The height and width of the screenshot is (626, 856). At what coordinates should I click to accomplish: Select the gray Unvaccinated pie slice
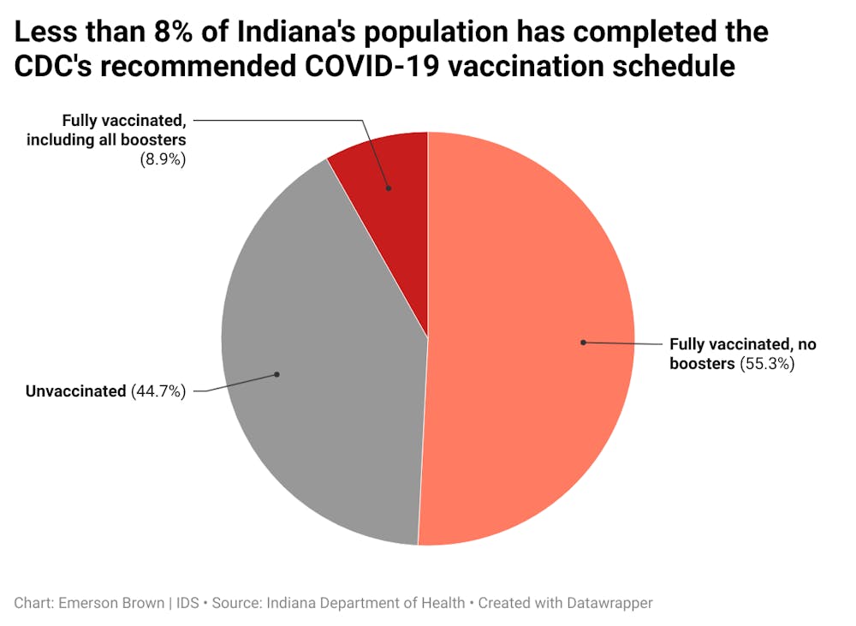coord(317,360)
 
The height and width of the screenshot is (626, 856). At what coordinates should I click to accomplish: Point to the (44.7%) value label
coord(158,391)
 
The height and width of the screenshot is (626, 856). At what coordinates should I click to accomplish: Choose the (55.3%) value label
coord(766,364)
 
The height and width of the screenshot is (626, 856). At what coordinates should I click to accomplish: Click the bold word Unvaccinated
coord(75,391)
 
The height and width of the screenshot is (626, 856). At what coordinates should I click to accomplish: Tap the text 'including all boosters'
coord(106,140)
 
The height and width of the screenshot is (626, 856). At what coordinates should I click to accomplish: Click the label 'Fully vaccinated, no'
coord(743,344)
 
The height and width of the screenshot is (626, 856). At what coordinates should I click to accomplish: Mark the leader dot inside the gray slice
coord(277,374)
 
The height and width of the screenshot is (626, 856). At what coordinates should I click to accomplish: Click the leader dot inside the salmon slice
coord(583,343)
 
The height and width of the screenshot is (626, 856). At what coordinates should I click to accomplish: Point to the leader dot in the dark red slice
coord(388,188)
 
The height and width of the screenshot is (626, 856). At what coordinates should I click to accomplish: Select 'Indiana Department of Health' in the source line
coord(367,603)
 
